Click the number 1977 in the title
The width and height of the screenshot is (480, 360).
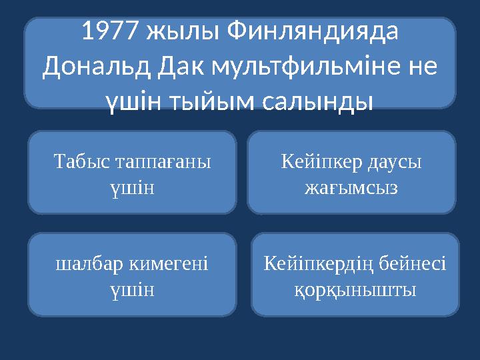[111, 31]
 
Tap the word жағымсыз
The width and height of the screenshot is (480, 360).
[351, 187]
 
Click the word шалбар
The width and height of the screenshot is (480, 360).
[87, 265]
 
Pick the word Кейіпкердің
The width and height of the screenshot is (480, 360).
[317, 265]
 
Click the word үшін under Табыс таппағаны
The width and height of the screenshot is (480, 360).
[132, 187]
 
